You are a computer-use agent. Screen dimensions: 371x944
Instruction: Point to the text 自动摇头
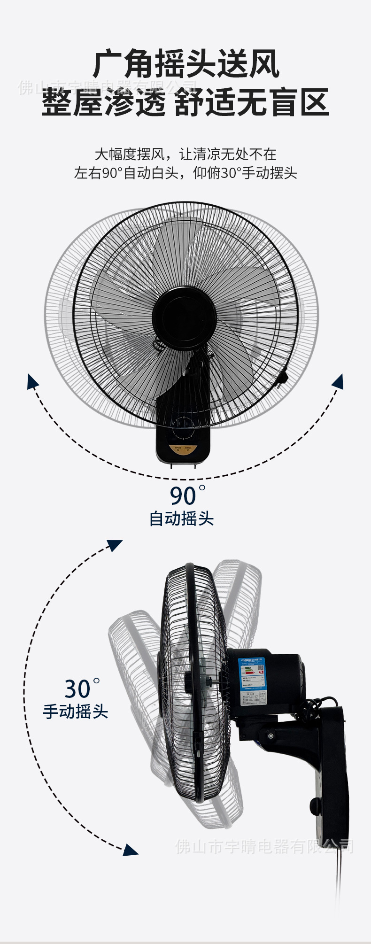pos(181,519)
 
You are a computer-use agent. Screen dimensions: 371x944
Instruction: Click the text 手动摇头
pos(76,712)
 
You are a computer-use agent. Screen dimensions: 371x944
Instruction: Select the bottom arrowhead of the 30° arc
pos(131,850)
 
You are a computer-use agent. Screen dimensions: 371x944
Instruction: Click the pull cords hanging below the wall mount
pos(338,878)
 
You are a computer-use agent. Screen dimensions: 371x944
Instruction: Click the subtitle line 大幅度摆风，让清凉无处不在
pos(185,154)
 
